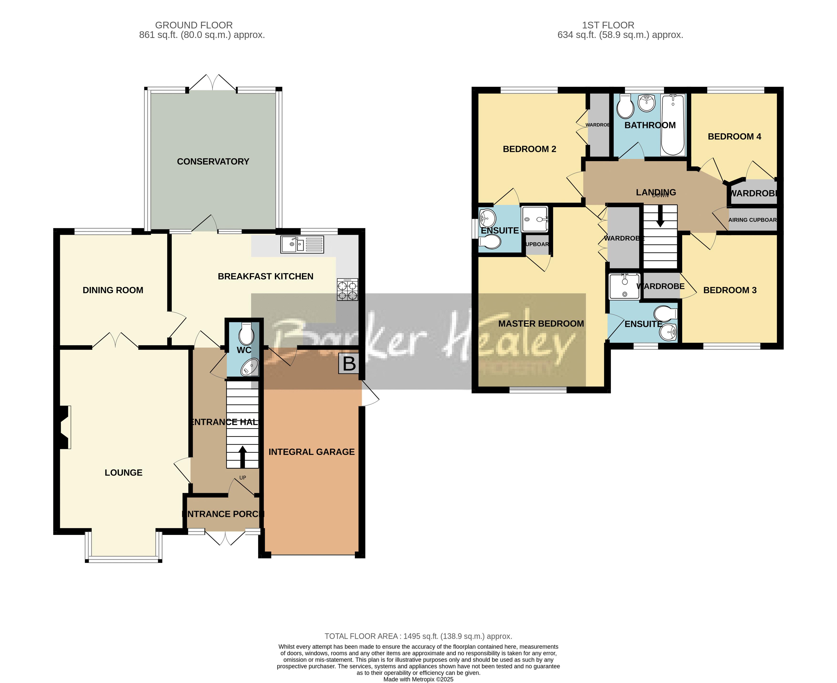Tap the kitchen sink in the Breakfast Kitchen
coord(302,244)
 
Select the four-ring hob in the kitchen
coord(347,290)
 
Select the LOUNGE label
coord(123,473)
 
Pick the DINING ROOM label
coord(113,290)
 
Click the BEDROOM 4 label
coord(734,137)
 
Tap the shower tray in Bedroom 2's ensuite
coord(535,219)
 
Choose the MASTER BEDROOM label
coord(541,324)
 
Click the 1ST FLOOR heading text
coord(608,25)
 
